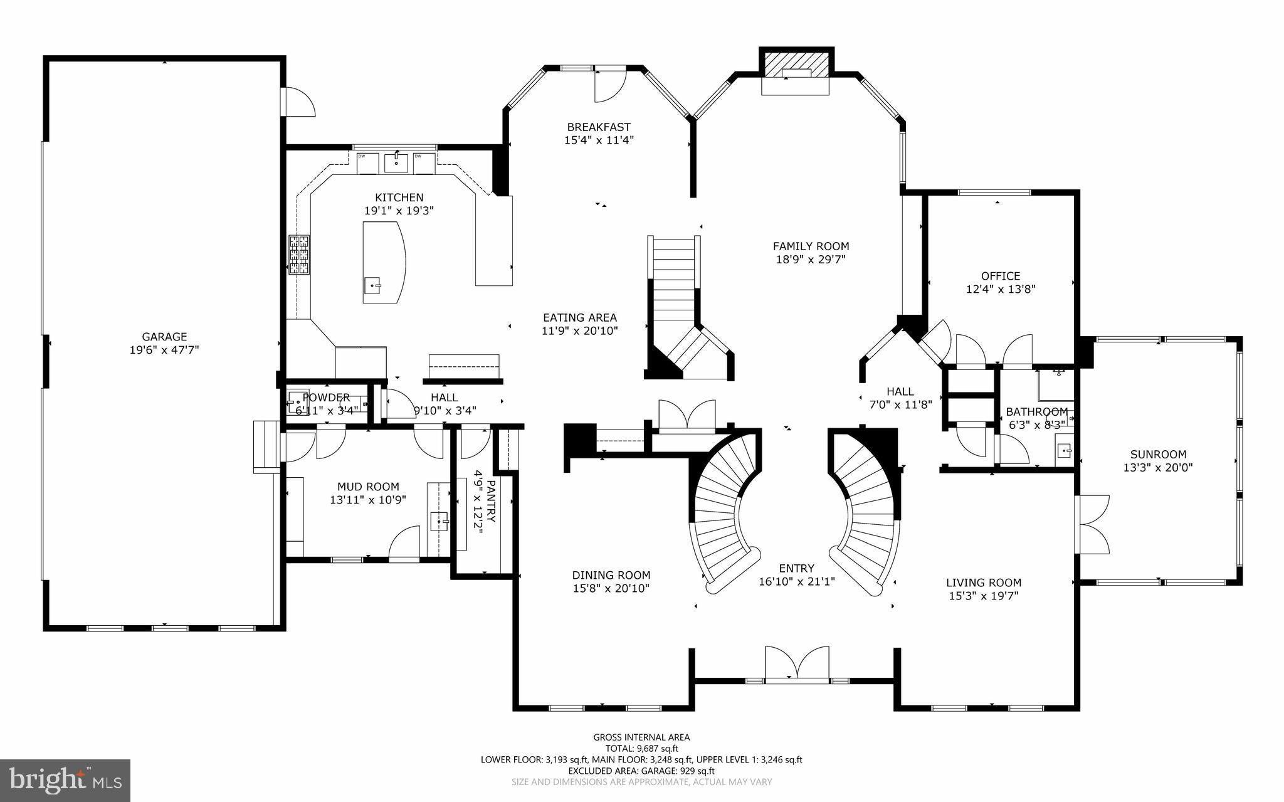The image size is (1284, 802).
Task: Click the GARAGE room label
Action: click(x=164, y=337)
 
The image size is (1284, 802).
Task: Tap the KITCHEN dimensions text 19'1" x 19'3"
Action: click(x=399, y=211)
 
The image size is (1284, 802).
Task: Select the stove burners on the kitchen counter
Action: click(x=299, y=255)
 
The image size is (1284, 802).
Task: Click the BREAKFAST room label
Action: click(x=599, y=127)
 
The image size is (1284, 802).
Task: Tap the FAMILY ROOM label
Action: click(x=811, y=246)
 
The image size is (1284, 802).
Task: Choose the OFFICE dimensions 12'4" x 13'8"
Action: click(x=1001, y=289)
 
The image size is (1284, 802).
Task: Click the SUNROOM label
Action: click(x=1158, y=455)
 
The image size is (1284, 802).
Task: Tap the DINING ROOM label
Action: click(x=611, y=575)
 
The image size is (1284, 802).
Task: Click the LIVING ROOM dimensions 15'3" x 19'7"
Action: click(x=984, y=596)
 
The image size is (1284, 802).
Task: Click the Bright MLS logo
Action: click(x=65, y=781)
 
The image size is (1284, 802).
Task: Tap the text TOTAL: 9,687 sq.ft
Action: click(x=641, y=748)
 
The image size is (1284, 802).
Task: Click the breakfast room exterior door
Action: click(x=609, y=85)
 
